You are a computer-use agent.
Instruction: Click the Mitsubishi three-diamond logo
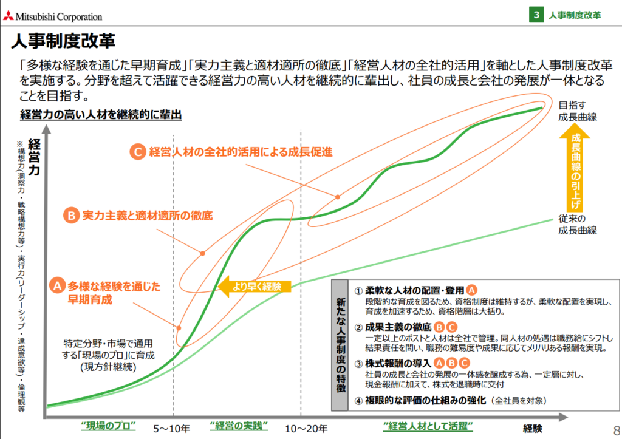click(9, 16)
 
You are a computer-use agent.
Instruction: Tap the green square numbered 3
click(536, 15)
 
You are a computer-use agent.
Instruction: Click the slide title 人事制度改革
click(63, 41)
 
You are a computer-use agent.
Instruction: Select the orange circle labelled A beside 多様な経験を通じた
click(57, 285)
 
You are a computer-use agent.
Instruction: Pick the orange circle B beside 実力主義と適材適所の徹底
click(72, 216)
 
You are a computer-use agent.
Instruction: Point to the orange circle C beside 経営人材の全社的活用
click(138, 152)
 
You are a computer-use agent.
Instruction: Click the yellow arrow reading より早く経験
click(255, 287)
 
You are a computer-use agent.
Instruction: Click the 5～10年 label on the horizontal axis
click(171, 429)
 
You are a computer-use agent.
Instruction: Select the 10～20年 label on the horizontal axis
click(306, 429)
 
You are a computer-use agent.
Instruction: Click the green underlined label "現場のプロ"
click(108, 426)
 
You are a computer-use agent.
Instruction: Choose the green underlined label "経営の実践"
click(239, 426)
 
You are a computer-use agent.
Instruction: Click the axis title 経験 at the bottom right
click(532, 429)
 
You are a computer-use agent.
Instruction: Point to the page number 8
click(617, 430)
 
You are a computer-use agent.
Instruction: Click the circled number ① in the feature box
click(358, 291)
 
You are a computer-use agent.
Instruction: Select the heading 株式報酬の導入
click(398, 363)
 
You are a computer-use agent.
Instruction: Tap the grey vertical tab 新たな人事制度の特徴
click(340, 345)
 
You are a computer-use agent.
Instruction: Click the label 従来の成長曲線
click(577, 225)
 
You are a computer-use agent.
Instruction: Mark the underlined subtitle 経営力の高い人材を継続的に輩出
click(101, 115)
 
